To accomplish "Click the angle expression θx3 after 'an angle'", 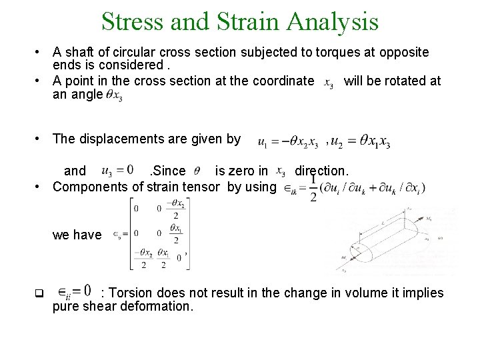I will (114, 95).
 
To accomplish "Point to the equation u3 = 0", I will (118, 171).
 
